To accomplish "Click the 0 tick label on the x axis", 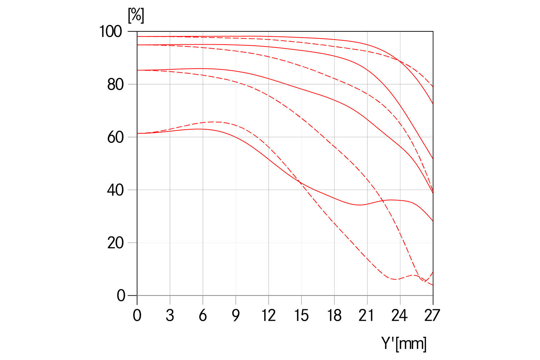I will [x=137, y=315].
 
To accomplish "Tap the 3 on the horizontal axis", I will [x=170, y=315].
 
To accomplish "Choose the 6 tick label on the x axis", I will [x=203, y=315].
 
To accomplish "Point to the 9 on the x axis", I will [x=236, y=315].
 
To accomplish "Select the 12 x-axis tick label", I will [x=268, y=315].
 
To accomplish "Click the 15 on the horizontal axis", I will [x=301, y=315].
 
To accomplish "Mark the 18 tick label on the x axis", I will [x=334, y=315].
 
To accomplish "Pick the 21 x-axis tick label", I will [x=367, y=315].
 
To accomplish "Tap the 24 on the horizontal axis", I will [x=400, y=315].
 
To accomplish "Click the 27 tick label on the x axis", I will [x=432, y=315].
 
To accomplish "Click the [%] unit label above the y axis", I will [x=136, y=15].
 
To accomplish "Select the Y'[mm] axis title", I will [x=404, y=344].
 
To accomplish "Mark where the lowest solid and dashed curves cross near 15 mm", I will [x=301, y=183].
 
